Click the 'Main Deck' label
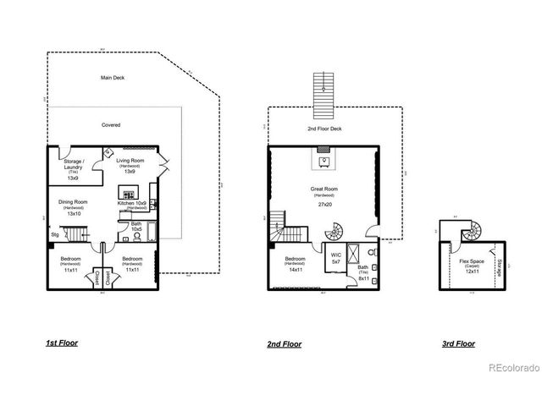112,77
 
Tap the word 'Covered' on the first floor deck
111,125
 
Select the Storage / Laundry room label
73,167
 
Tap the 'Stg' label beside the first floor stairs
55,234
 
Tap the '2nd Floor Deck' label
324,129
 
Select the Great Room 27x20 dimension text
324,205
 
